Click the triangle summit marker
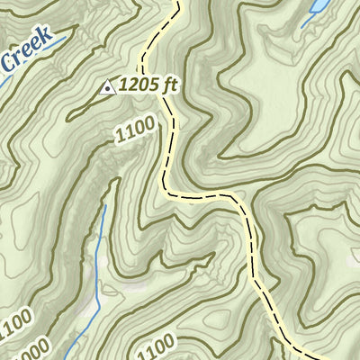point(107,87)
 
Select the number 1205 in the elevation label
point(140,85)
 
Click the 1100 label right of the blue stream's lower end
point(157,347)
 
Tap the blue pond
point(318,10)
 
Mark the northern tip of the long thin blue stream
point(105,207)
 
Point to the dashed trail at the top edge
point(176,3)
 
